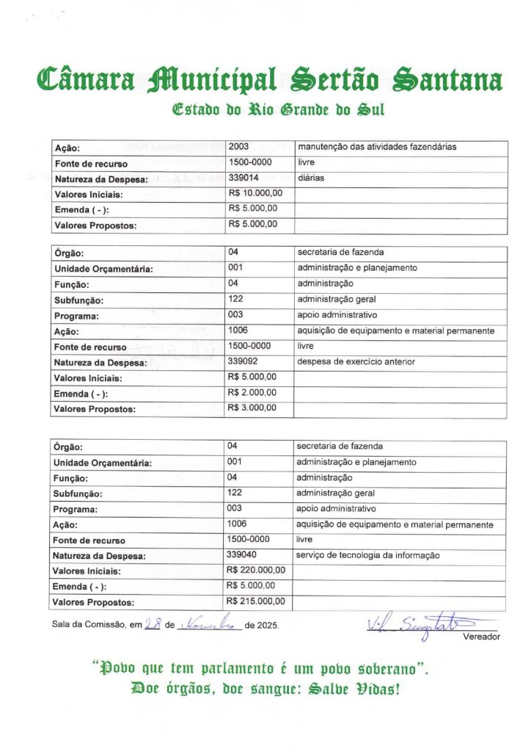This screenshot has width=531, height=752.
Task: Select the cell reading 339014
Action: point(243,178)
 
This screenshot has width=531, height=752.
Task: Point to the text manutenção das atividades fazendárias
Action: point(376,147)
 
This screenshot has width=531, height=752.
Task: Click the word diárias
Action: point(311,178)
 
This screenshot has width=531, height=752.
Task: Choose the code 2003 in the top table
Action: point(239,147)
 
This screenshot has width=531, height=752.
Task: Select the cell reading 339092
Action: point(243,361)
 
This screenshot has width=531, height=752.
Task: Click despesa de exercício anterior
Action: point(356,361)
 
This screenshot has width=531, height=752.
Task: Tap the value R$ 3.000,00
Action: point(252,408)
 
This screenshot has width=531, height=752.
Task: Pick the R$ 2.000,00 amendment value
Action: point(252,392)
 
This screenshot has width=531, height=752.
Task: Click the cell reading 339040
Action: point(242,555)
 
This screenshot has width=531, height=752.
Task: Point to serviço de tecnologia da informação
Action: point(367,556)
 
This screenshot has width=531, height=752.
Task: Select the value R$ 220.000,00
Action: point(256,570)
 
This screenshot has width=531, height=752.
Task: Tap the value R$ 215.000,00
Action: point(256,601)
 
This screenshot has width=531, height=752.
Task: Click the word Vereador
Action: point(481,637)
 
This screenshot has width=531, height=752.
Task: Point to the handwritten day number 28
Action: point(153,624)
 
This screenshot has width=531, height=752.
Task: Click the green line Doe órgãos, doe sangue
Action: point(264,690)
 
